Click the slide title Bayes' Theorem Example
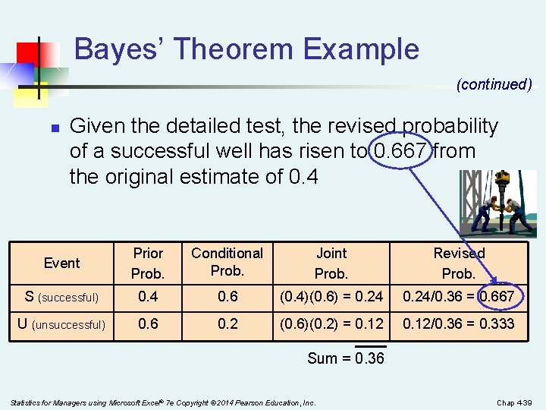[x=246, y=49]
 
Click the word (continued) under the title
[x=494, y=84]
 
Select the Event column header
[x=61, y=263]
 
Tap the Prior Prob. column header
[x=148, y=263]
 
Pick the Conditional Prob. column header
[x=227, y=261]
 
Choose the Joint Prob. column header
[x=331, y=263]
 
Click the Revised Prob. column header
[x=458, y=263]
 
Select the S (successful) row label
[x=61, y=297]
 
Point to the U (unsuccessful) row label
[x=61, y=324]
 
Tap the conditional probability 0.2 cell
[x=227, y=324]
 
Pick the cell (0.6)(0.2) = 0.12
[x=331, y=324]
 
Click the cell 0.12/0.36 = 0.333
[x=458, y=324]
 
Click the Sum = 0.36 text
[x=345, y=358]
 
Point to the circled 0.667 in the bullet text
[x=402, y=151]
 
